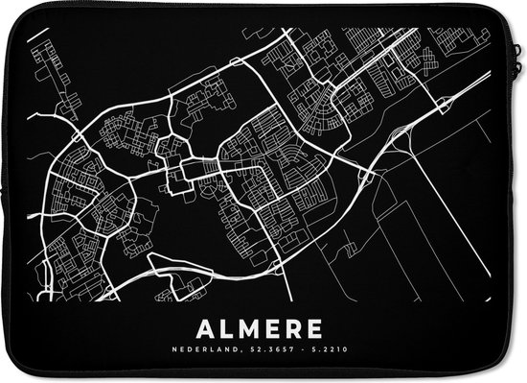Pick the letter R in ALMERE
295,328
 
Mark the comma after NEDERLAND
245,351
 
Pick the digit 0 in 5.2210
332,349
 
